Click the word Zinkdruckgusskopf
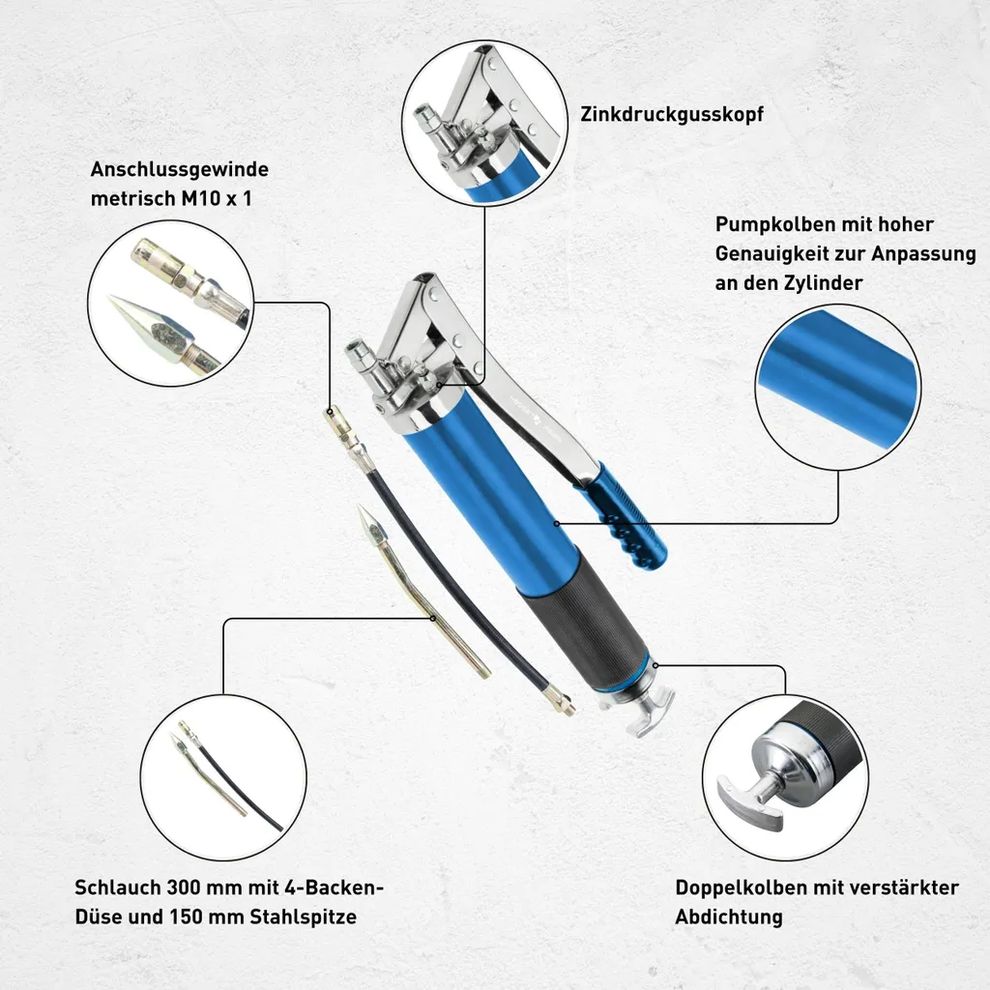coord(672,114)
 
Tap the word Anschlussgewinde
coord(179,169)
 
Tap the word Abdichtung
coord(729,917)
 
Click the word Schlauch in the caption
coord(117,888)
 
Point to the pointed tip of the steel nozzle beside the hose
coord(360,506)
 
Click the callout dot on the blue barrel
coord(556,523)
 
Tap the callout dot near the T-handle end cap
coord(656,665)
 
